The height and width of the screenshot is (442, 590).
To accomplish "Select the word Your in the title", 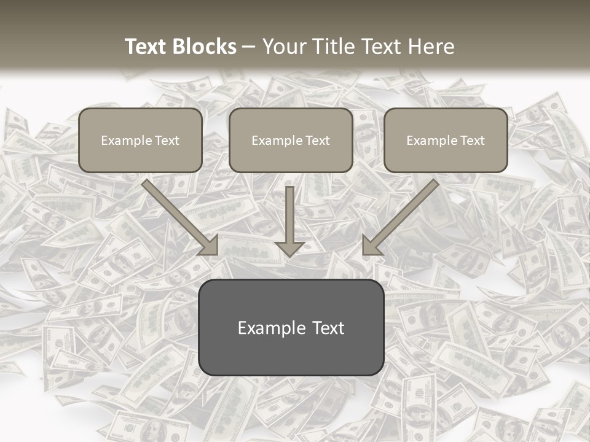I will coord(285,47).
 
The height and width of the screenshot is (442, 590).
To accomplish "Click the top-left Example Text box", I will coord(140,141).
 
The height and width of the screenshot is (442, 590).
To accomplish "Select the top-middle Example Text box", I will coord(291,141).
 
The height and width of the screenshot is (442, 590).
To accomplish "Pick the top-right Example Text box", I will coord(446,141).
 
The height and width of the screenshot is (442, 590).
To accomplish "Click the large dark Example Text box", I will coord(291,328).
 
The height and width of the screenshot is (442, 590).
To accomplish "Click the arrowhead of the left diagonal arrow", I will coord(209,246).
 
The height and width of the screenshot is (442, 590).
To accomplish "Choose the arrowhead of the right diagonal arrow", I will coord(371,246).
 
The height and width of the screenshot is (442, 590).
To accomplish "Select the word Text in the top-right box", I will coord(472,141).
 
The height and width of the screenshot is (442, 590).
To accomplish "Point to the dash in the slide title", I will coord(249,47).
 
